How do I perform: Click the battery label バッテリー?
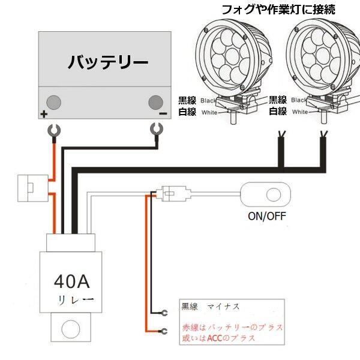108,62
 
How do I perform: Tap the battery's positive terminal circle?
54,102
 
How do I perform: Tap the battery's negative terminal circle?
155,102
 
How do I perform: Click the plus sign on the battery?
44,114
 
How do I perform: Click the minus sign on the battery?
163,113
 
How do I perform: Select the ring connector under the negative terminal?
157,130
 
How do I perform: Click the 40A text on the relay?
72,281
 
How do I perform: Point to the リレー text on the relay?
76,300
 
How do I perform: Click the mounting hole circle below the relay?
71,329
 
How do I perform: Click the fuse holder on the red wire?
33,188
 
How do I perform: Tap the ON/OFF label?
267,216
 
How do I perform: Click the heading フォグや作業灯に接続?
278,10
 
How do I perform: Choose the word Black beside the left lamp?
208,101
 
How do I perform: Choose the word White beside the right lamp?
300,112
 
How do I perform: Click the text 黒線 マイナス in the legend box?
211,307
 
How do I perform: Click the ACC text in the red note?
215,338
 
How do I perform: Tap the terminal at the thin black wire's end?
164,313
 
